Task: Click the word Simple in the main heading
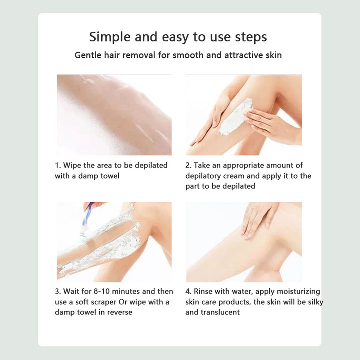(x=110, y=37)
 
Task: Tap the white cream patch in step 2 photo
(x=235, y=116)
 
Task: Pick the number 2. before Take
(x=188, y=165)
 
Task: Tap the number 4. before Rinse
(x=188, y=291)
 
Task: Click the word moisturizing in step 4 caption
(x=298, y=292)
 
